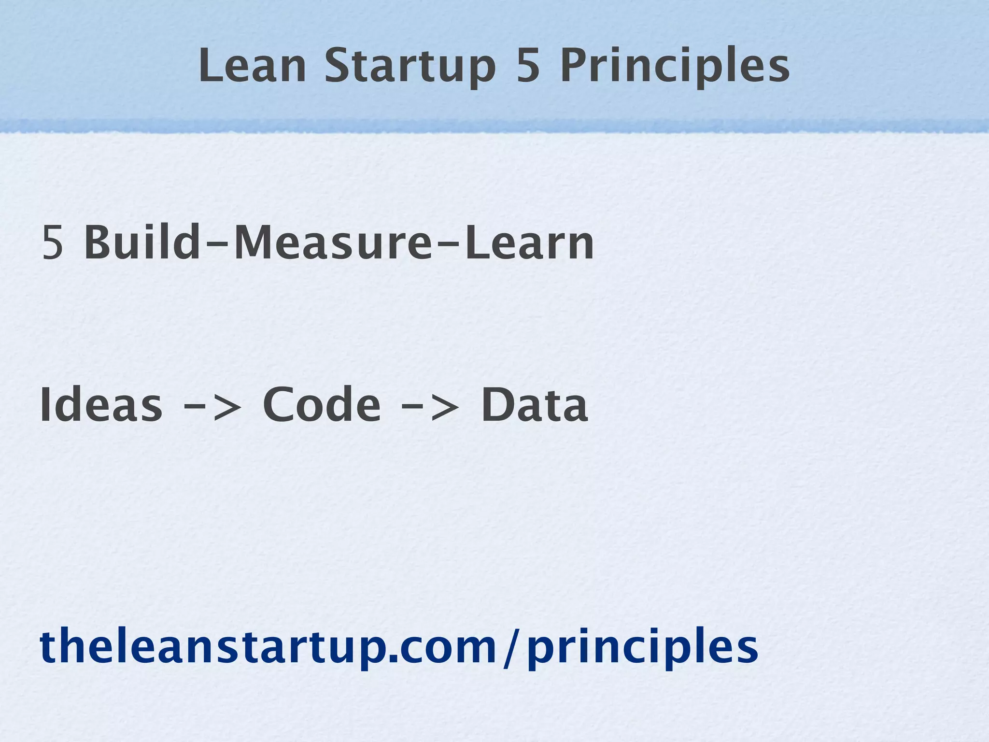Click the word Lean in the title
point(252,66)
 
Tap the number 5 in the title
point(528,66)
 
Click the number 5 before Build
point(53,243)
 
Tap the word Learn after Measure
point(530,243)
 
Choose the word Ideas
point(101,405)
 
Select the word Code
point(322,405)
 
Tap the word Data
point(535,405)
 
